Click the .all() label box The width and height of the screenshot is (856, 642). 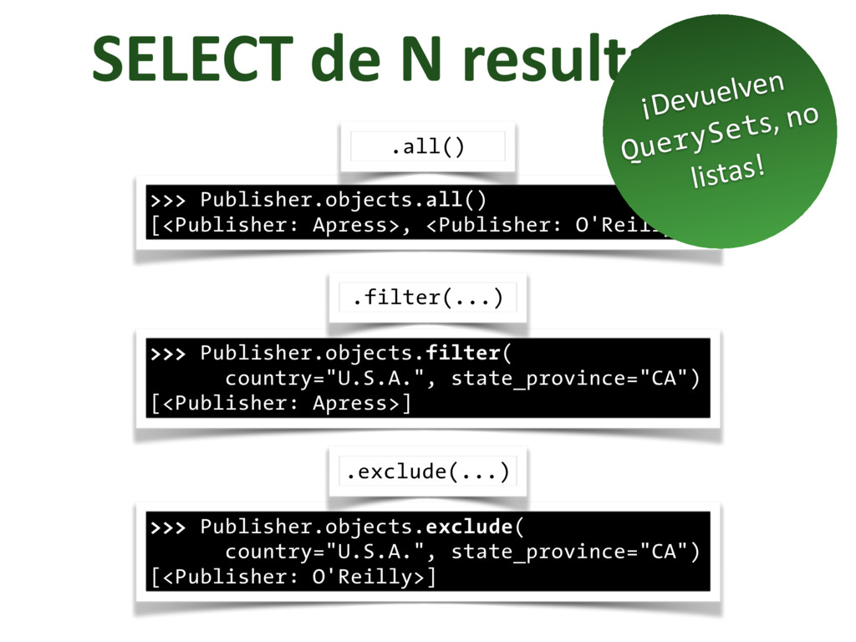point(427,147)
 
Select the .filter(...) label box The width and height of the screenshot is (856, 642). point(427,298)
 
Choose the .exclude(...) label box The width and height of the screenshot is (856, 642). point(427,472)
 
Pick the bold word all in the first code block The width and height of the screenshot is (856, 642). point(444,201)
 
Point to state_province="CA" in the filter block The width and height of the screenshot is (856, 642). point(574,378)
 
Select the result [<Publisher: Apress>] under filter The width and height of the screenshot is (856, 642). point(281,404)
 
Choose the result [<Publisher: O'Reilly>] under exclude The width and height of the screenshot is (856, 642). point(293,578)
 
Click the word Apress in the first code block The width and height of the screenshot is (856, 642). point(351,225)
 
